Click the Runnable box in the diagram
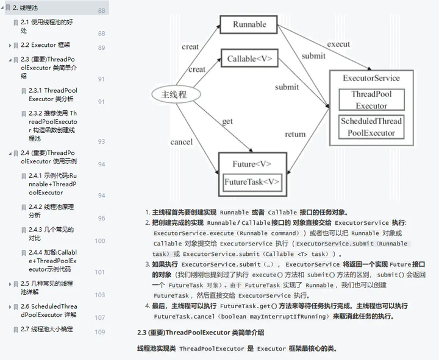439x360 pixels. [x=250, y=25]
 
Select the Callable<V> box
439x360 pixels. [x=250, y=59]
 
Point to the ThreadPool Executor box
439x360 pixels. [x=371, y=100]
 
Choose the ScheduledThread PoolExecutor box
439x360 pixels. [x=371, y=127]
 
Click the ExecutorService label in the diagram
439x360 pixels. [x=371, y=78]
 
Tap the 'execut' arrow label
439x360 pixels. [x=338, y=44]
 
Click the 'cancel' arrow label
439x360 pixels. [x=182, y=142]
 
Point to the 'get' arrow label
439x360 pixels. [x=227, y=121]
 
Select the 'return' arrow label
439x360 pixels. [x=295, y=134]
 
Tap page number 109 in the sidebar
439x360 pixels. [x=100, y=332]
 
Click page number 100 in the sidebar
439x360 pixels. [x=100, y=241]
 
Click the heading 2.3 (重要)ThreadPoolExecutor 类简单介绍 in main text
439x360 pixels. [x=201, y=333]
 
